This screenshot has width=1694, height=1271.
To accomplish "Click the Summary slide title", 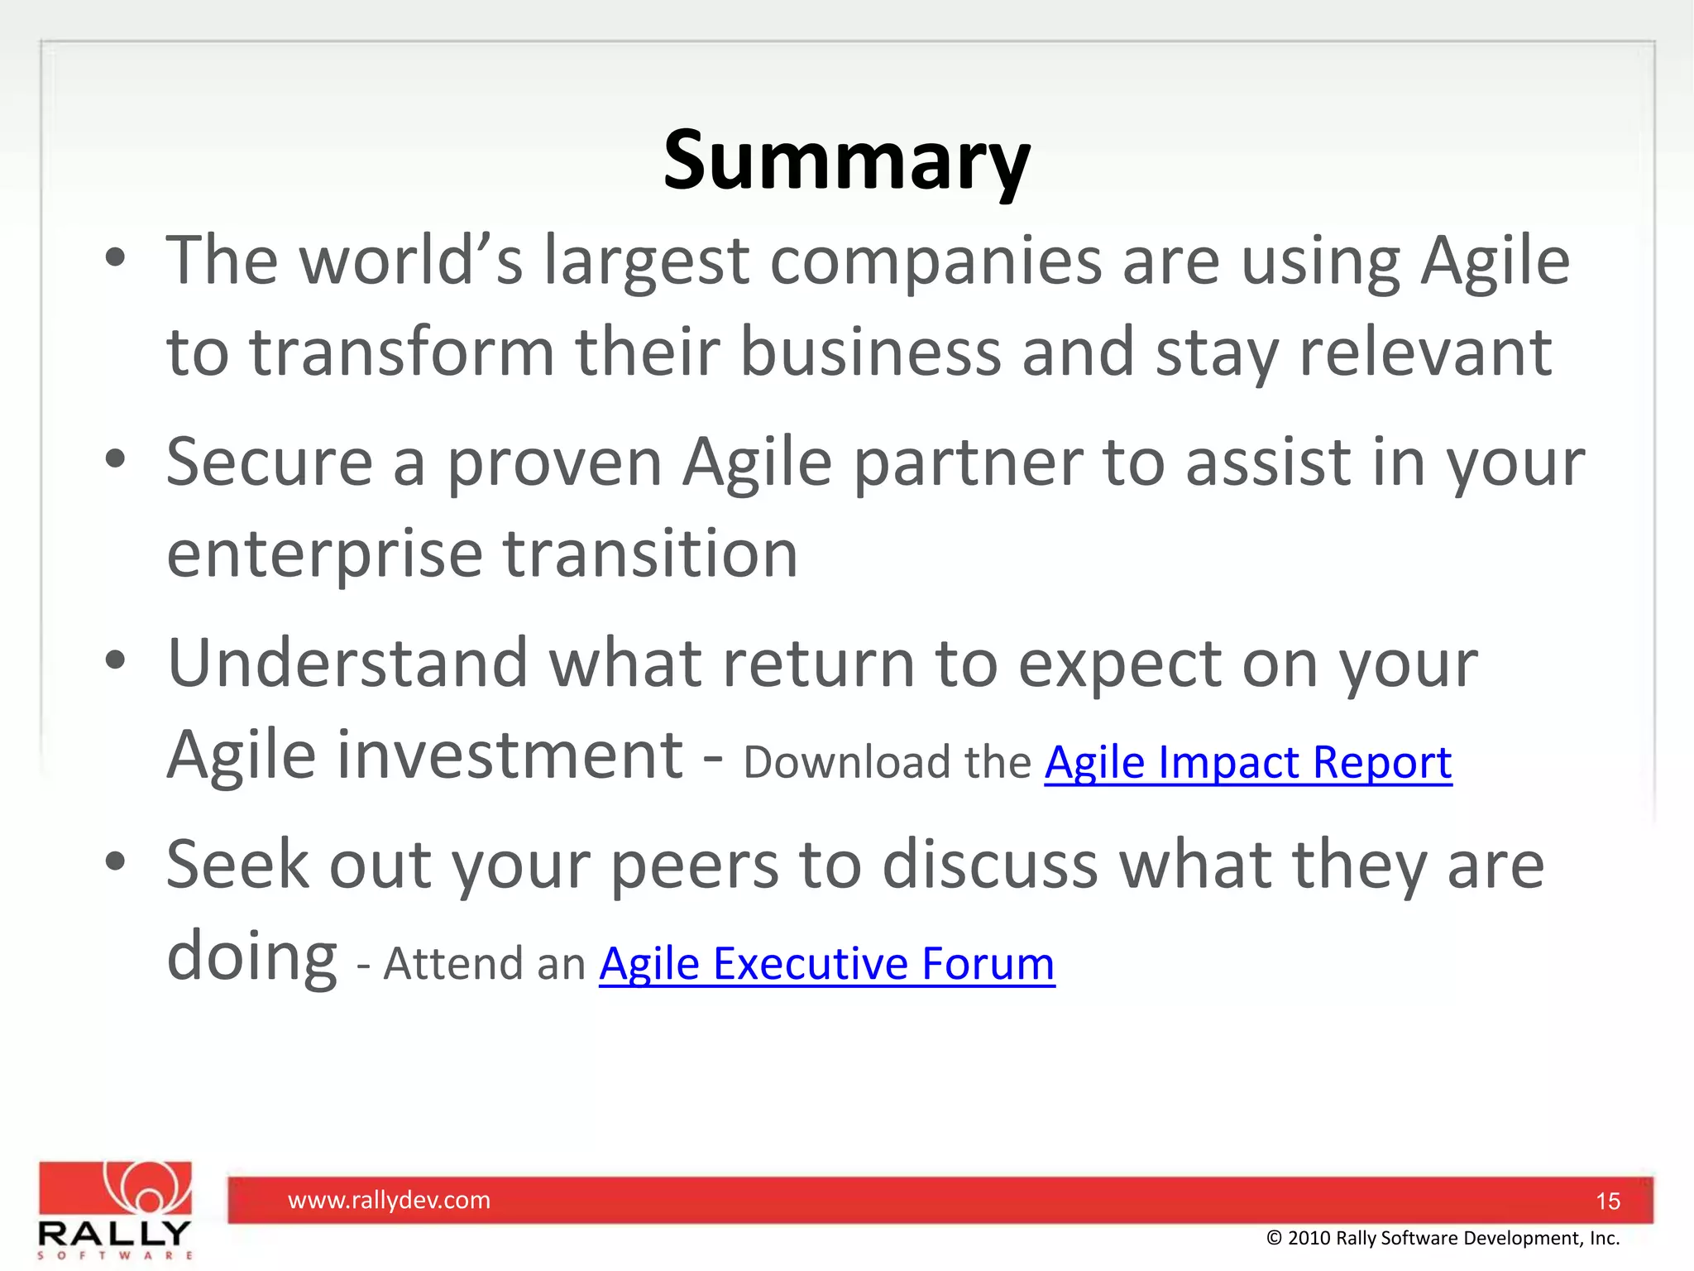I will [x=846, y=161].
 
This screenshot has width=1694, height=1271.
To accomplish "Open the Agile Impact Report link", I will [x=1247, y=763].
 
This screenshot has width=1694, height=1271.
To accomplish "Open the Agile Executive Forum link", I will [x=826, y=964].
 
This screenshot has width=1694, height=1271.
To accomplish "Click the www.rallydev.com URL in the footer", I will [x=389, y=1200].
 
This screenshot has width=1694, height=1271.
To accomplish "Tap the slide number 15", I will [x=1607, y=1201].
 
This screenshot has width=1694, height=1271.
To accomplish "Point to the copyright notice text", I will [x=1443, y=1238].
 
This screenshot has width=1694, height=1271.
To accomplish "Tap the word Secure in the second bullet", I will [x=270, y=462].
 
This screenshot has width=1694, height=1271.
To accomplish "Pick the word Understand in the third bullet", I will [x=347, y=664].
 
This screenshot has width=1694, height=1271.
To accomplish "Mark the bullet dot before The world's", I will [x=115, y=257].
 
